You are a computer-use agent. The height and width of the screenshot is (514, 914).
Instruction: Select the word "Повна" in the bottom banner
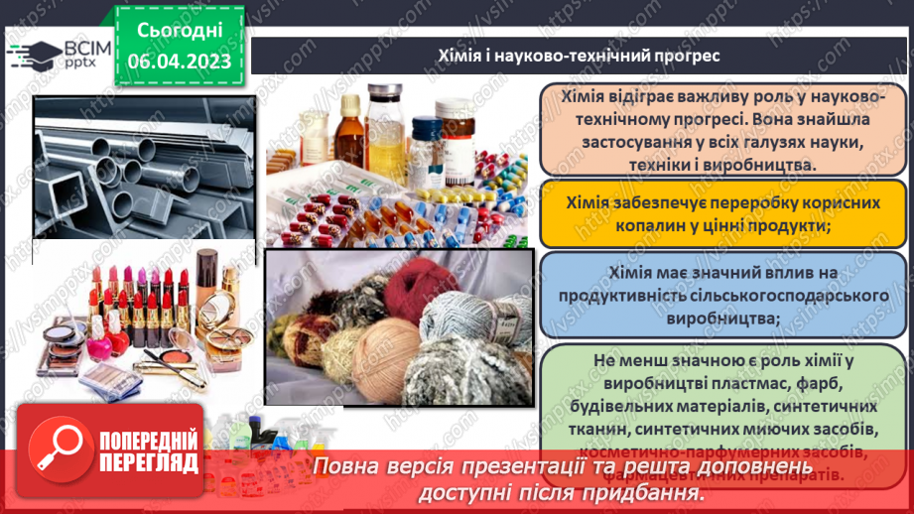[x=343, y=466]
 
